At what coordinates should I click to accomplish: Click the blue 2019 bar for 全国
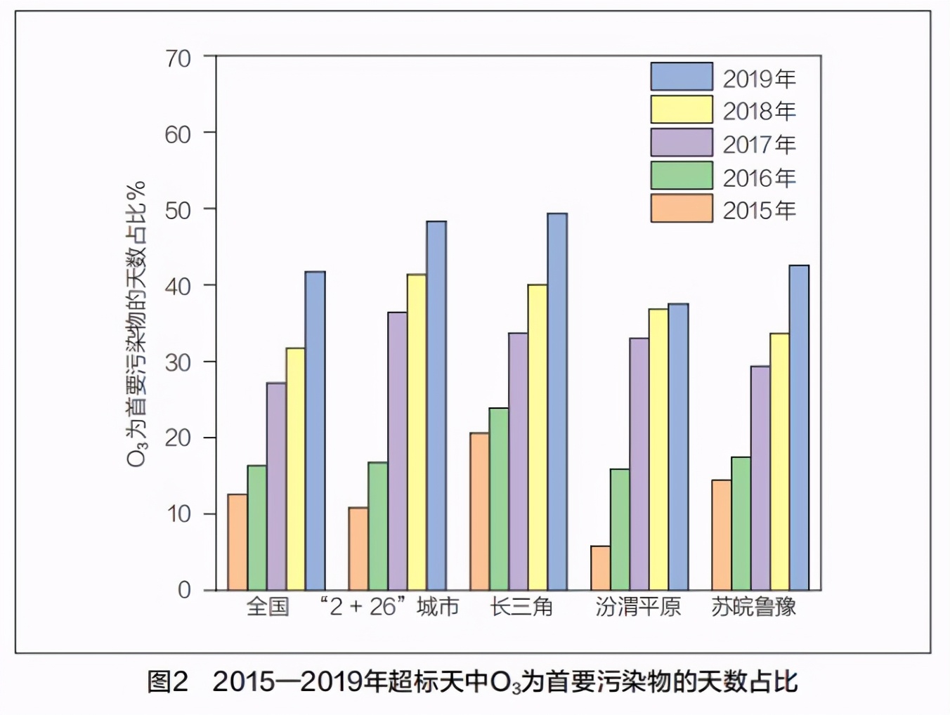tap(315, 431)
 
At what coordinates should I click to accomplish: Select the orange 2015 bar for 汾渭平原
tap(600, 568)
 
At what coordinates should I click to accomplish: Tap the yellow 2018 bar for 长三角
tap(538, 437)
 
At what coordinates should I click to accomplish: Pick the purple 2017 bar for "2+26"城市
tap(397, 451)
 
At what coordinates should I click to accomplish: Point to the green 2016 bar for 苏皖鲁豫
tap(741, 523)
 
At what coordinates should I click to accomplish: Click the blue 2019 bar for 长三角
tap(557, 402)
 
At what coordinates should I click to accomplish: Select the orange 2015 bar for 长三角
tap(479, 511)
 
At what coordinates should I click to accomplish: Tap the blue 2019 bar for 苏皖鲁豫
tap(799, 428)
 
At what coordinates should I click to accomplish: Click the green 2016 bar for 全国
tap(256, 527)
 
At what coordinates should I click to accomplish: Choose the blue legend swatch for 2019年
tap(681, 77)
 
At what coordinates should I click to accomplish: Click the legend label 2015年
tap(759, 210)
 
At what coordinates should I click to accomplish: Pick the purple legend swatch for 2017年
tap(681, 143)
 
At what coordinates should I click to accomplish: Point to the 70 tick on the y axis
tap(178, 58)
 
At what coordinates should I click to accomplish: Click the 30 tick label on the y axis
tap(178, 362)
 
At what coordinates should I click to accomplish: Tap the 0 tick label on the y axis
tap(184, 590)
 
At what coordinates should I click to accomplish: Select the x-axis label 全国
tap(268, 606)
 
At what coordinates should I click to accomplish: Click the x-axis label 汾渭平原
tap(638, 606)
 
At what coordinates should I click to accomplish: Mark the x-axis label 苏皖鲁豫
tap(753, 606)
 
